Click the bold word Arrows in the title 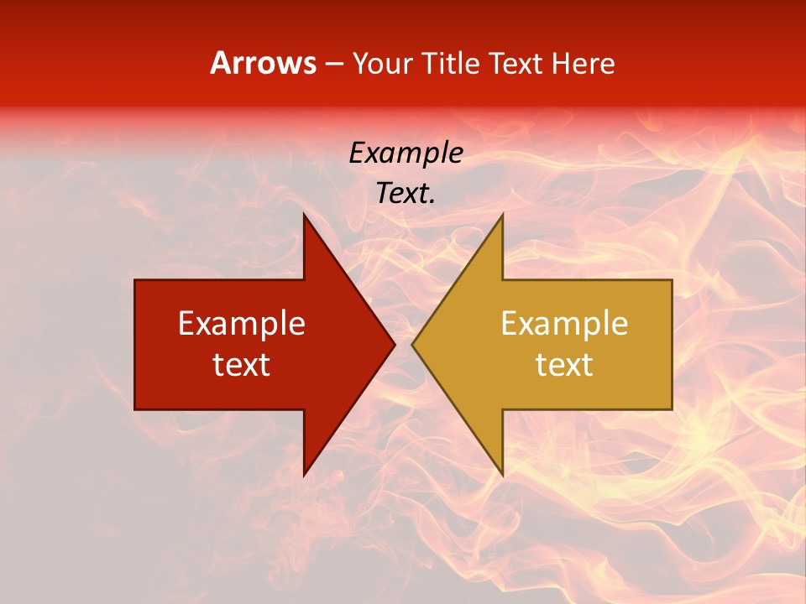point(263,64)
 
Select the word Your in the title point(380,64)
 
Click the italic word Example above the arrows point(406,154)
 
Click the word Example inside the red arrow point(242,324)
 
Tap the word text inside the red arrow point(242,365)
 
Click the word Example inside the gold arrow point(564,324)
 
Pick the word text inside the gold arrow point(564,365)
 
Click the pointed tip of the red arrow point(395,344)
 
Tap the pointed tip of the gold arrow point(412,344)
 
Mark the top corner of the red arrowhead point(304,213)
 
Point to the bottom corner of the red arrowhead point(304,476)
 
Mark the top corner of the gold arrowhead point(502,213)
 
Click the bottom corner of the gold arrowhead point(502,476)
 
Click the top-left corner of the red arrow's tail point(135,280)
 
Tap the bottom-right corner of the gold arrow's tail point(672,409)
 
